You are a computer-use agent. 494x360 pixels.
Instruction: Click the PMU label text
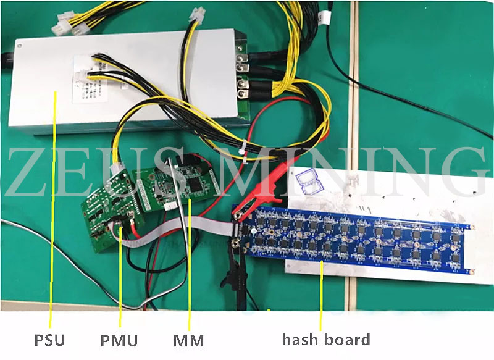119,340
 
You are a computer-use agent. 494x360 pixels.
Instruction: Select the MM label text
188,340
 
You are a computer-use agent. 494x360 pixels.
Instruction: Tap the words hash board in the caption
326,339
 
